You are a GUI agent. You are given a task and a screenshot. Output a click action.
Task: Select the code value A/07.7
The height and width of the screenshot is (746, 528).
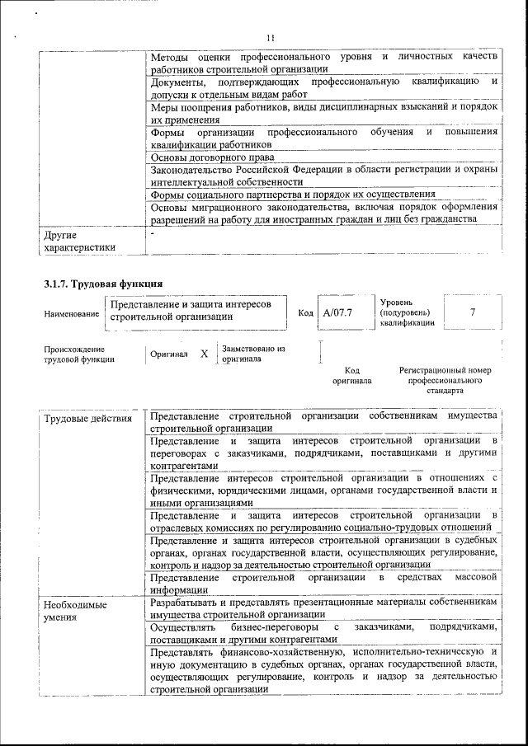[337, 313]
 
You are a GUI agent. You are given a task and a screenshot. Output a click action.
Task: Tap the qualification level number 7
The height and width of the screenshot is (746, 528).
[472, 312]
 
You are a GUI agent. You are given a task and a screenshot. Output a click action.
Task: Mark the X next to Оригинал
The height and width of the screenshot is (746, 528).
[204, 354]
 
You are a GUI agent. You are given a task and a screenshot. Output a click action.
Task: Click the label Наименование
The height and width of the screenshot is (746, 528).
[71, 314]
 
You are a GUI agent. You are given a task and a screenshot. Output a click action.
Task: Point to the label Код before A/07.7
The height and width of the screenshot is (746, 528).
[305, 313]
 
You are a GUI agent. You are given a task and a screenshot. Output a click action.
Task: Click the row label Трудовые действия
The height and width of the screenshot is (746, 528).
[87, 419]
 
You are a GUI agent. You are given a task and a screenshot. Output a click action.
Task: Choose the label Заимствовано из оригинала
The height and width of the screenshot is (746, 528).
[253, 354]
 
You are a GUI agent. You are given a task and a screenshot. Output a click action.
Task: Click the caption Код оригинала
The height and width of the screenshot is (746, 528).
[351, 376]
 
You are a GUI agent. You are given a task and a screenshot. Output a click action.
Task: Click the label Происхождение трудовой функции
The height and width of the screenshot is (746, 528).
[79, 354]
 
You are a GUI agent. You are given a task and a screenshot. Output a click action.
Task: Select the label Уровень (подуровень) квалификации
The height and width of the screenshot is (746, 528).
[405, 313]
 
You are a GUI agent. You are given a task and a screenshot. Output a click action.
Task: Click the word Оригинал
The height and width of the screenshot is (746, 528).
[169, 354]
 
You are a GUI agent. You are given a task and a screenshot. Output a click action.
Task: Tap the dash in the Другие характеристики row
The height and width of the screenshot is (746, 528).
[154, 235]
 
